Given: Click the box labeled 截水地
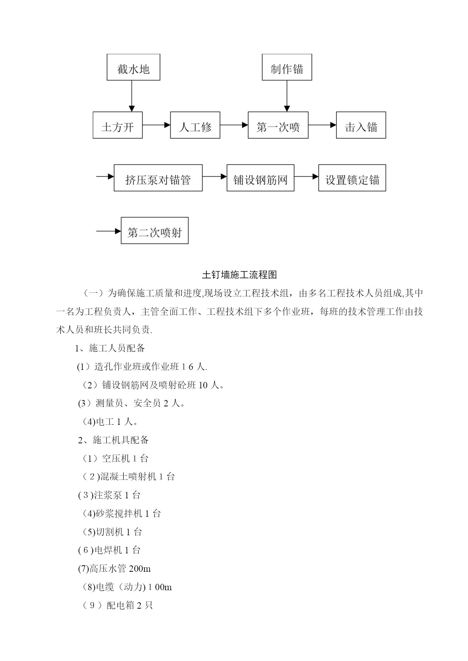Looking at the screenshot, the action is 133,67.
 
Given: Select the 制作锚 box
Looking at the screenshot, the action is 287,67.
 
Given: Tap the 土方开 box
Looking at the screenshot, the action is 118,125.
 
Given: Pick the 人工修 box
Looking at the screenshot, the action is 195,125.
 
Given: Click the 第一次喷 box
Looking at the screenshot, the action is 278,125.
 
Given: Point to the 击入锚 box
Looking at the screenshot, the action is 361,125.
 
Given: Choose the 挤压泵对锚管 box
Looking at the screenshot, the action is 158,178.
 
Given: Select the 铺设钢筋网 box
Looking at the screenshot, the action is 260,178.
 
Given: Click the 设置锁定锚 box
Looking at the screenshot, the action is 352,178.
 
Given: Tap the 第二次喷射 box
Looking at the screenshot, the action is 155,231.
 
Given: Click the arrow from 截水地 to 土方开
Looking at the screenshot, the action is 132,96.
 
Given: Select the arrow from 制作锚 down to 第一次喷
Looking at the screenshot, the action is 287,96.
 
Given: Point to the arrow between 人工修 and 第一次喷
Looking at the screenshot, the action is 234,125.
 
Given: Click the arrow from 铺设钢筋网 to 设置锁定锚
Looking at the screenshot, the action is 306,176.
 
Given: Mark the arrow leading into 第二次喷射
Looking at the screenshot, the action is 109,231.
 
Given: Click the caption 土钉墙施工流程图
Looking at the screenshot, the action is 239,275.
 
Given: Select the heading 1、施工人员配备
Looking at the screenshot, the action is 110,348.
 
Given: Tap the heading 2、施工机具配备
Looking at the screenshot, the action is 113,440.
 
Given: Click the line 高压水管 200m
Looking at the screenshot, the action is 114,568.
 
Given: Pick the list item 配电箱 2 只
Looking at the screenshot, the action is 117,605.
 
